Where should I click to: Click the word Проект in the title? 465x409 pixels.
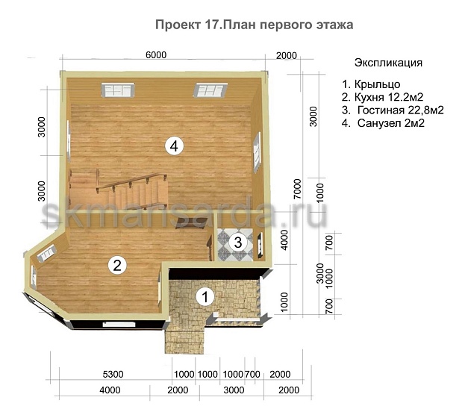(177, 25)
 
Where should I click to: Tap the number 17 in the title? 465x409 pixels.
(213, 25)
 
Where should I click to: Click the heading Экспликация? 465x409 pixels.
(388, 63)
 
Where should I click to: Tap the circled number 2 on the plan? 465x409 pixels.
(116, 263)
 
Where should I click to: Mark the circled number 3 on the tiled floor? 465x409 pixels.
(237, 241)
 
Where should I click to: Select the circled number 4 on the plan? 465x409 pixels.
(173, 146)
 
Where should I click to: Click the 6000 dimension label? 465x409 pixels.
(155, 55)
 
